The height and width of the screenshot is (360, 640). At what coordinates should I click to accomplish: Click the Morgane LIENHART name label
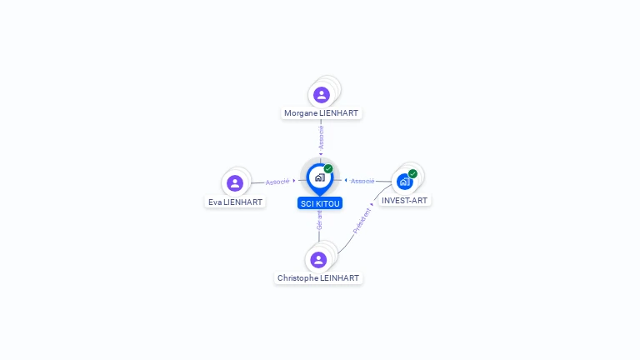point(322,112)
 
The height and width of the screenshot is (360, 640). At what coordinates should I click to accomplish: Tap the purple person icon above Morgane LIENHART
point(322,95)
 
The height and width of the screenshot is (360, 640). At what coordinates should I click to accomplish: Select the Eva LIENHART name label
point(235,202)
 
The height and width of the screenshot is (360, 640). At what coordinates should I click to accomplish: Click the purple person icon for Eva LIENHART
point(235,183)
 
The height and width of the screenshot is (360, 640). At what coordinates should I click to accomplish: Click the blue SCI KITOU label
point(320,203)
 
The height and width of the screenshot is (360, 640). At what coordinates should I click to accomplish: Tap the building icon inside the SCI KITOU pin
point(319,177)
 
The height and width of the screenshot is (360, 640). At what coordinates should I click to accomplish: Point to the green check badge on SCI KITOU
point(328,168)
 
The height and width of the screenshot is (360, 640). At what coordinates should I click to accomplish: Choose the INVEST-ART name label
point(405,200)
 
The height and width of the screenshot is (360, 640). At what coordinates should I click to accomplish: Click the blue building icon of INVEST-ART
point(404,182)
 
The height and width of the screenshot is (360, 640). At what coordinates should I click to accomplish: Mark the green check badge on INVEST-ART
point(412,173)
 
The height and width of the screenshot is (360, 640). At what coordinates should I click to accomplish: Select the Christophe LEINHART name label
point(318,277)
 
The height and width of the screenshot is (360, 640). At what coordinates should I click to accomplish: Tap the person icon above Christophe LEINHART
point(318,259)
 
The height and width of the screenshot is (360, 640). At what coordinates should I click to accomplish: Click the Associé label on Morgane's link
point(322,137)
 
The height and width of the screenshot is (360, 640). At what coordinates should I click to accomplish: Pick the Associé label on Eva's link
point(277,181)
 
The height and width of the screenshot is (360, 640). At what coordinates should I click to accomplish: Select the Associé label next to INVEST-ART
point(362,181)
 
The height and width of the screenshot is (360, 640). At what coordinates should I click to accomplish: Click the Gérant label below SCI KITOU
point(319,220)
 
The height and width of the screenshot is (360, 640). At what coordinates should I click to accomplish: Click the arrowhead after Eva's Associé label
point(294,180)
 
